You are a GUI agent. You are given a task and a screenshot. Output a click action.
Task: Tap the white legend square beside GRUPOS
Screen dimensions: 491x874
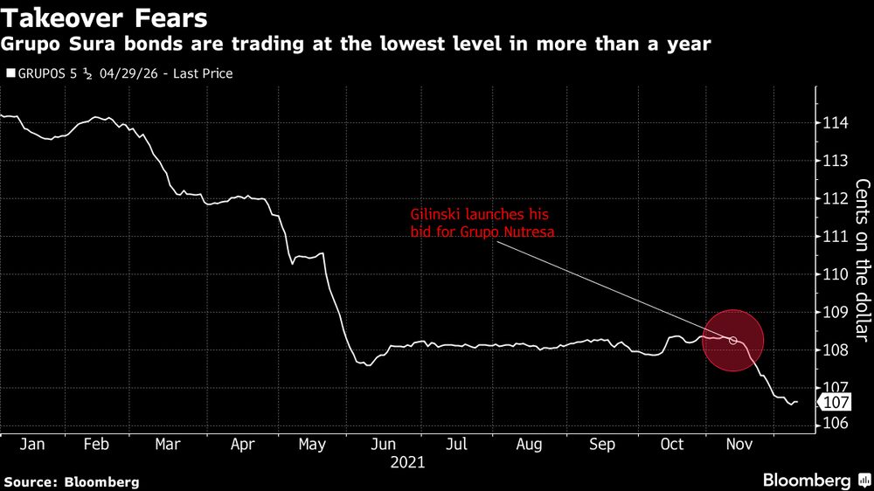coord(10,74)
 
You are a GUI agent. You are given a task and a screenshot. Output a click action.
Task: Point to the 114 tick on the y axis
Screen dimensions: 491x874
coord(834,123)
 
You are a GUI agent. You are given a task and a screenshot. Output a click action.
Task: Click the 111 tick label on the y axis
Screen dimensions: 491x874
coord(834,237)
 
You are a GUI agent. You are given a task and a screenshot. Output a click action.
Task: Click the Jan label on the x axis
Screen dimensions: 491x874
coord(32,445)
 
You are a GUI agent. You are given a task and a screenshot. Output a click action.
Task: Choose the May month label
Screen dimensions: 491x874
coord(312,445)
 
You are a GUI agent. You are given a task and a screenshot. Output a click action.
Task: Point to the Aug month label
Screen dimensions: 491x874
coord(529,445)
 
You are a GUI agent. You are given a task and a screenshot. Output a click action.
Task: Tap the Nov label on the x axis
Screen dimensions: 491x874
coord(739,445)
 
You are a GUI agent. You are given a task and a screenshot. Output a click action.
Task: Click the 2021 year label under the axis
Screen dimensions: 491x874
coord(406,462)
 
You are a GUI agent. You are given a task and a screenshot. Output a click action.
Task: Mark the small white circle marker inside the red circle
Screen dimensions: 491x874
coord(733,341)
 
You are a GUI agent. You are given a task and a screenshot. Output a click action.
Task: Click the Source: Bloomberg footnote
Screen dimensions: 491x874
coord(71,481)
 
